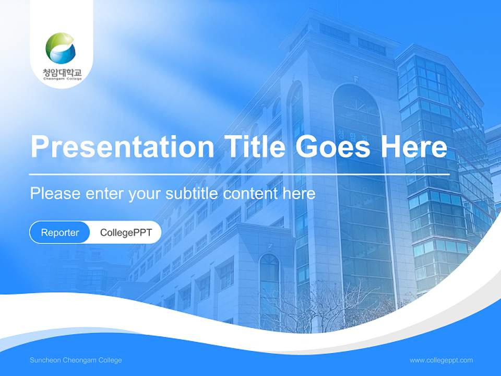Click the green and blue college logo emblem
(x=61, y=49)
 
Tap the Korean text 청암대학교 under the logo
(x=62, y=72)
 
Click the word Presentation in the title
(x=122, y=147)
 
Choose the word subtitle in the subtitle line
(x=192, y=194)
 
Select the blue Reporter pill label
(x=59, y=232)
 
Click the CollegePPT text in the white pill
(x=126, y=232)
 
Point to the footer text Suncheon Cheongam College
(x=76, y=360)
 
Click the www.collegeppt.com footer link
(x=441, y=360)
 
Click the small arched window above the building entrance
(x=269, y=282)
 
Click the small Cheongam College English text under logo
(x=62, y=79)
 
